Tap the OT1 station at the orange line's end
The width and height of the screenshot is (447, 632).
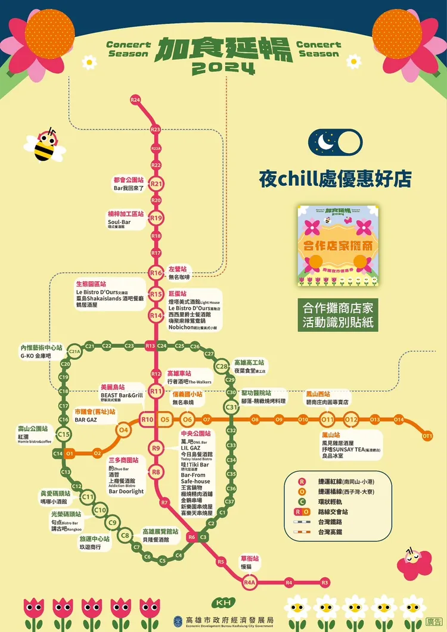[427, 437]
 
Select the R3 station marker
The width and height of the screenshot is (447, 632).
[325, 582]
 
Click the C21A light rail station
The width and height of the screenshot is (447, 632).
[74, 351]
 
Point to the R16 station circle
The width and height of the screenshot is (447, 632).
[156, 273]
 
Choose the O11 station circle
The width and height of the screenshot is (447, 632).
[327, 420]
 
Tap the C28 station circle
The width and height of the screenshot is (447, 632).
[222, 366]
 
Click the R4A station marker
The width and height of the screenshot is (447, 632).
[249, 582]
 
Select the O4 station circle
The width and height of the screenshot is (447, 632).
[123, 429]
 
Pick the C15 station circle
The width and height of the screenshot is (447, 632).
[63, 435]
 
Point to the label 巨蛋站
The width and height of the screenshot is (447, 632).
[178, 294]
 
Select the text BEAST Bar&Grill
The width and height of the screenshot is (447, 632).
[122, 395]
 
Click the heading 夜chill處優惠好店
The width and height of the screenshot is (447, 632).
[335, 179]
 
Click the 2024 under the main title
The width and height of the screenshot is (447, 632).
[223, 69]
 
